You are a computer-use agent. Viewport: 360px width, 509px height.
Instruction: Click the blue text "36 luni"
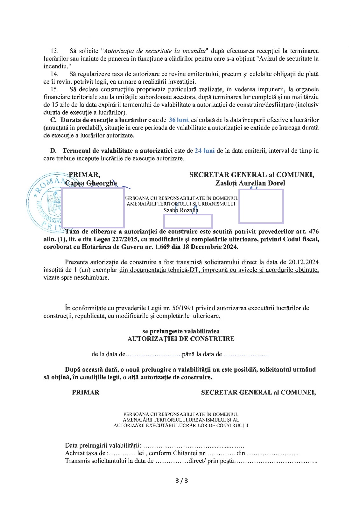(x=179, y=120)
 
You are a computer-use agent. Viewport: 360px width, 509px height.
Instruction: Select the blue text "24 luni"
(x=204, y=150)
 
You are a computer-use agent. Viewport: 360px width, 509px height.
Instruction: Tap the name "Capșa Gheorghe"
(x=91, y=183)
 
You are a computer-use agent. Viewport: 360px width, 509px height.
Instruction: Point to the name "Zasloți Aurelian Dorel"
(x=250, y=183)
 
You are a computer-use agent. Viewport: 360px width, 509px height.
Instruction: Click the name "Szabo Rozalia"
(x=181, y=210)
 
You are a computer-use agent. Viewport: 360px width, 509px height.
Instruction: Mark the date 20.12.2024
(x=303, y=262)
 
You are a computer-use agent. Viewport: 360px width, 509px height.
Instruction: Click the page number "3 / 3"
(x=182, y=480)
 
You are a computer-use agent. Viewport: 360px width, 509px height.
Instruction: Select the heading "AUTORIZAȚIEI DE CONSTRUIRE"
(x=181, y=339)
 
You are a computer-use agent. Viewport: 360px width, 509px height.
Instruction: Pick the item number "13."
(x=55, y=51)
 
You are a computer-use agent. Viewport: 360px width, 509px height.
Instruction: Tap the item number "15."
(x=55, y=89)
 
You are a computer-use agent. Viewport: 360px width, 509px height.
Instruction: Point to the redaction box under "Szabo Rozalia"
(x=188, y=221)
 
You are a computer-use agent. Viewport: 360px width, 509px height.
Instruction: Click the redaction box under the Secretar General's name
(x=261, y=206)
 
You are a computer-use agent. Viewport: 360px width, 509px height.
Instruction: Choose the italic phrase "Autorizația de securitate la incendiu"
(x=154, y=51)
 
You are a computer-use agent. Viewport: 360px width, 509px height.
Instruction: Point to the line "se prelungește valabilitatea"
(x=181, y=331)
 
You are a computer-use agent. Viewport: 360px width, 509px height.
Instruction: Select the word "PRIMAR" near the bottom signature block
(x=85, y=392)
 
